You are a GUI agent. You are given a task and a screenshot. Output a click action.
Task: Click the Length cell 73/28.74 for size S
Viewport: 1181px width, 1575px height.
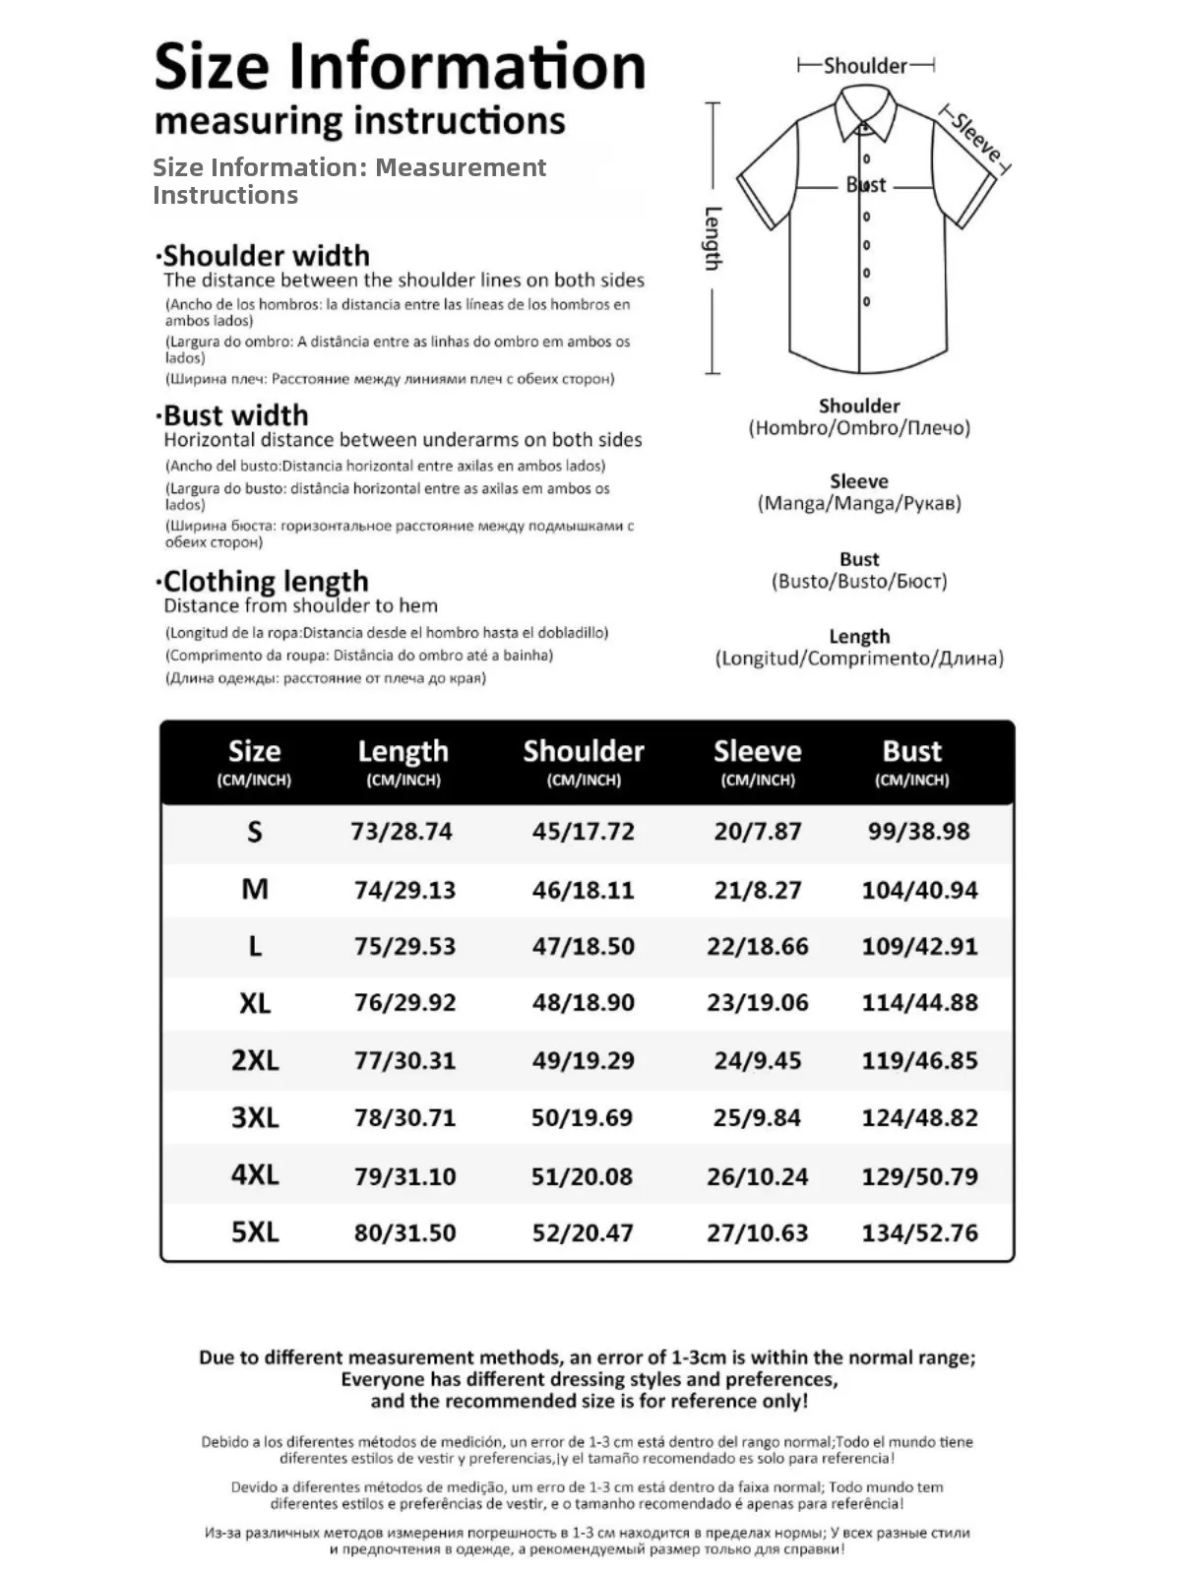click(x=402, y=832)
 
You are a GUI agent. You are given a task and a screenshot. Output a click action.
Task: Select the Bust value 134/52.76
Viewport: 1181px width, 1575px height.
click(x=919, y=1232)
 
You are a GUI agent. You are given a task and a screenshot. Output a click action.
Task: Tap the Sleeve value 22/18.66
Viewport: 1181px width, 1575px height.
click(x=757, y=947)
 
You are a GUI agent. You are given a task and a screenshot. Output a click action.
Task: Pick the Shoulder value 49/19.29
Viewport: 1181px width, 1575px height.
click(x=583, y=1061)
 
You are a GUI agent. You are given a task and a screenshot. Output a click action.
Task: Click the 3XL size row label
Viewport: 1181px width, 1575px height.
click(x=255, y=1118)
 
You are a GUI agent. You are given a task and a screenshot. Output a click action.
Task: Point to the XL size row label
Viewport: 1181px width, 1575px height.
click(x=255, y=1003)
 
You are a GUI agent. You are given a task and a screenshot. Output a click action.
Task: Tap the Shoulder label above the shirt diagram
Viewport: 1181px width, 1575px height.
click(x=865, y=66)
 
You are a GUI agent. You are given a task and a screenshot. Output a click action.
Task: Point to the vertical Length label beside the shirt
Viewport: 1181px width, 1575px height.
click(x=714, y=238)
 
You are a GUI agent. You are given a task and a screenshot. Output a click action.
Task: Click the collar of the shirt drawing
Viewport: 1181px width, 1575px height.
click(x=866, y=111)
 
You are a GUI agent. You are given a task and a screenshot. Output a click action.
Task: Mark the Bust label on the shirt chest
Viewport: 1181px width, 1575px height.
click(x=866, y=185)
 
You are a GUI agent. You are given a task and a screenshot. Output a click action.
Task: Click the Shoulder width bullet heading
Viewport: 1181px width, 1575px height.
click(x=265, y=256)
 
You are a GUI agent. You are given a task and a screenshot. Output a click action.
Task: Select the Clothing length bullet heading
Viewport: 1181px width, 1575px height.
click(x=265, y=581)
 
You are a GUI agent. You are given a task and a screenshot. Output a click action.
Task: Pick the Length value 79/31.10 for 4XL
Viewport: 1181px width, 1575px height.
click(x=404, y=1176)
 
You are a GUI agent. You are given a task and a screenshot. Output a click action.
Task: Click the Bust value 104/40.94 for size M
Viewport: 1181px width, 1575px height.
click(x=919, y=891)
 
